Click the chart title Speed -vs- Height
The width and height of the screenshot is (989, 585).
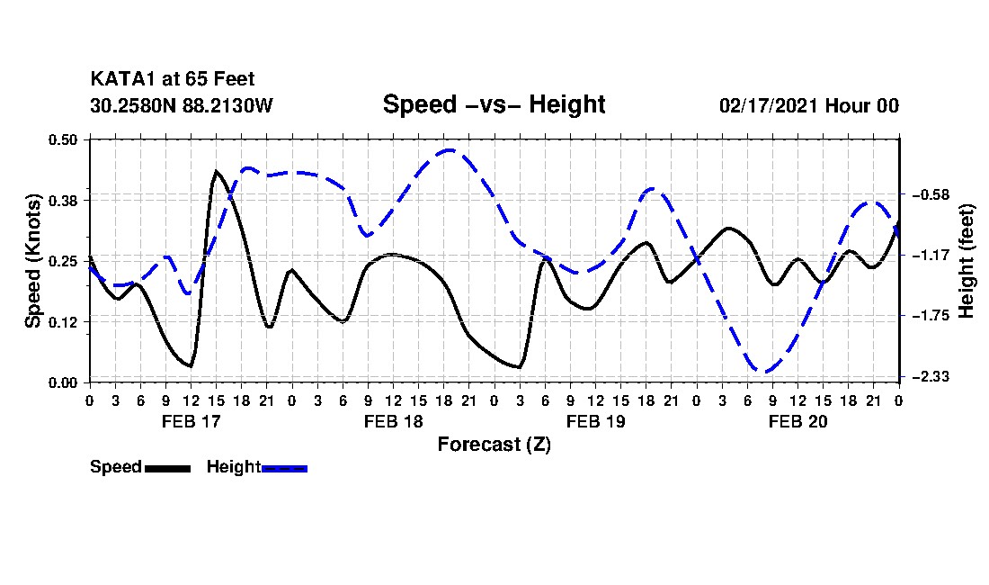click(494, 104)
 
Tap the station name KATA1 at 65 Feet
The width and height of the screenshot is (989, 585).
click(165, 80)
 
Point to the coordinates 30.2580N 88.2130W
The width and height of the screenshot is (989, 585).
click(181, 105)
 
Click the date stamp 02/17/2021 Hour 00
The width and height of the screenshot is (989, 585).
click(809, 105)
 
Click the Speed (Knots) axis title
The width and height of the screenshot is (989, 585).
click(32, 260)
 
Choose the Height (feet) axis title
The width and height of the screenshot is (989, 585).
click(967, 261)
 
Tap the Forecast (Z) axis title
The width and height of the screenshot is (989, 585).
click(494, 445)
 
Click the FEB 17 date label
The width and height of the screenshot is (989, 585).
click(191, 421)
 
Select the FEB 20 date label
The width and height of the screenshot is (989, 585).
click(797, 421)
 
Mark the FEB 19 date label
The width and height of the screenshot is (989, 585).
click(595, 421)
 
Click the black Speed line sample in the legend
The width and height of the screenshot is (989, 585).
click(166, 468)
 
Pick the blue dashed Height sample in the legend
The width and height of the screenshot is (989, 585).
click(284, 468)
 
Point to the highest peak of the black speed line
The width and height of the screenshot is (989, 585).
click(216, 170)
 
